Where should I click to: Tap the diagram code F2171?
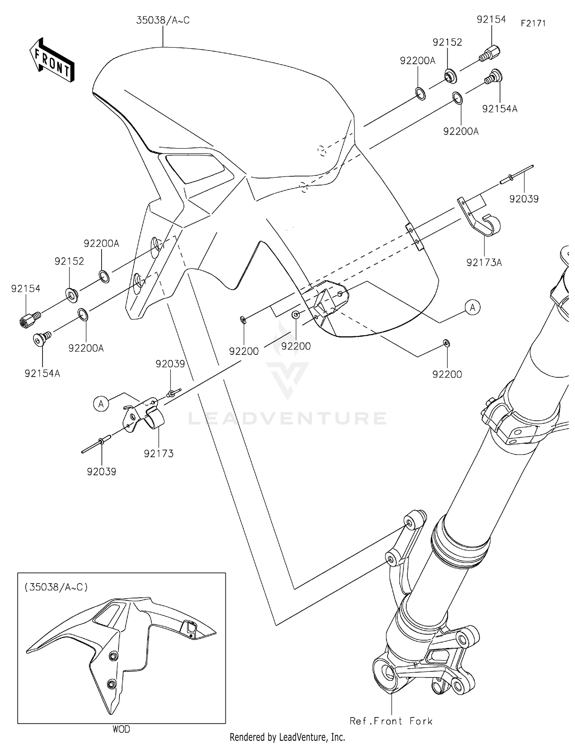point(533,23)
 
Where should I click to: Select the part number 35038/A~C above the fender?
point(163,20)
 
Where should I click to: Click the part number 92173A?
point(484,263)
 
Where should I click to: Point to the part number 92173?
point(159,453)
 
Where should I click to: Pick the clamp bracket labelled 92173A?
point(481,219)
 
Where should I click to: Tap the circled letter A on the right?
point(473,307)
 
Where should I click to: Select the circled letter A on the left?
point(101,404)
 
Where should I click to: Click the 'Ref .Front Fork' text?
point(391,721)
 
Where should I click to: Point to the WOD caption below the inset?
point(121,729)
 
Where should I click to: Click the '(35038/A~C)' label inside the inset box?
point(56,587)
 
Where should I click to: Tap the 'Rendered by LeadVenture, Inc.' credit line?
point(287,737)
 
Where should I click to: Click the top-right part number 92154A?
point(499,109)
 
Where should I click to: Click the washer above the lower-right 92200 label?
point(446,342)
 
